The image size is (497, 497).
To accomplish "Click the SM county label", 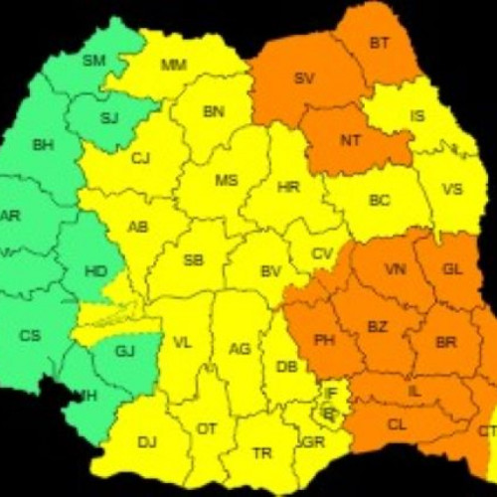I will point(93,61).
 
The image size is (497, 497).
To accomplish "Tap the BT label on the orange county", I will point(379,43).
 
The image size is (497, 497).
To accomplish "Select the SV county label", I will point(303,78).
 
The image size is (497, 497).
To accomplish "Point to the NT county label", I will point(350,140).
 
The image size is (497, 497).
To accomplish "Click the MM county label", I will point(173,66).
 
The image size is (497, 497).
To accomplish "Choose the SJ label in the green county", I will point(109,118).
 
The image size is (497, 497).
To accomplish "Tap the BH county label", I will point(43,145).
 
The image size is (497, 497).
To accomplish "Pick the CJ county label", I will point(140,157).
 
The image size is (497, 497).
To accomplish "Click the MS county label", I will point(226,181).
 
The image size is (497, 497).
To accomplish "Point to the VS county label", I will point(451,189).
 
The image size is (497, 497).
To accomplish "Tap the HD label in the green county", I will point(95,269).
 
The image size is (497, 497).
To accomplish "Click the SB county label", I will point(193,260).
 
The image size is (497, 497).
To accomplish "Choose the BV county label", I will point(269,270).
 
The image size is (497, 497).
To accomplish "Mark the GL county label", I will point(452,269).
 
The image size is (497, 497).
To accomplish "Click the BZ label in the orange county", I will point(377,327).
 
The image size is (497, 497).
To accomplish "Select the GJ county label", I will point(124,351).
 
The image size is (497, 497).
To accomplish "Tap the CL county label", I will point(397,423).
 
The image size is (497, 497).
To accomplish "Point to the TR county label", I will point(261,452).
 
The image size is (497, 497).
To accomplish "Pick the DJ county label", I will point(147,441).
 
